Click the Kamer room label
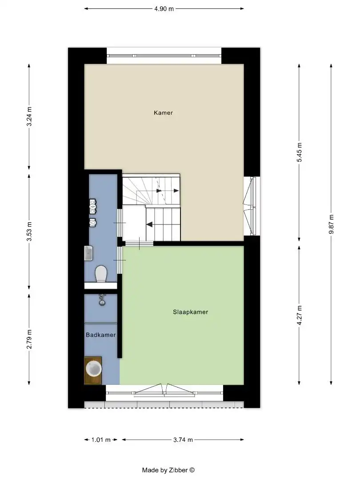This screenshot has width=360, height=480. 163,113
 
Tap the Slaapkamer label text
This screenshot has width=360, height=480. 190,312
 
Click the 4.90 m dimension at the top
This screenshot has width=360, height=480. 164,8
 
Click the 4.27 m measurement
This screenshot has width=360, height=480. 299,315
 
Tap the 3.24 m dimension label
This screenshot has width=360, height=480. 29,116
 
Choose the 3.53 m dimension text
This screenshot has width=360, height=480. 29,231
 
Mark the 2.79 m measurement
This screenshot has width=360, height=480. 29,340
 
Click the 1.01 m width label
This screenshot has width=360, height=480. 100,440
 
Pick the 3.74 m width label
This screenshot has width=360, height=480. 183,440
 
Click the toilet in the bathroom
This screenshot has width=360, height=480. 101,273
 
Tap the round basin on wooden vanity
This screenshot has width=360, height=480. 93,369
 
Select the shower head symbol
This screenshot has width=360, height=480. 102,300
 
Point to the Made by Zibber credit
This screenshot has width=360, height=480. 168,470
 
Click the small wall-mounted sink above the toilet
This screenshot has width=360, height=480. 88,253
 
